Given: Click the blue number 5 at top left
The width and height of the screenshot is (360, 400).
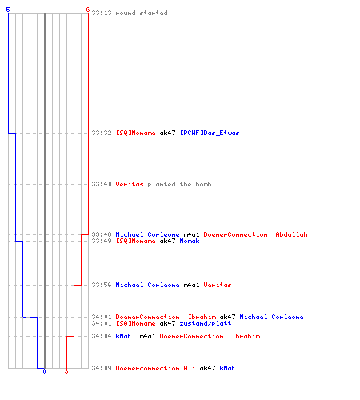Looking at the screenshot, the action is (x=8, y=10).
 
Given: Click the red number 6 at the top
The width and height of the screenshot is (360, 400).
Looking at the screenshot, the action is (x=88, y=10).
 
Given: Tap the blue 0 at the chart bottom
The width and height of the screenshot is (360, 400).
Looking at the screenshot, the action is (x=44, y=371).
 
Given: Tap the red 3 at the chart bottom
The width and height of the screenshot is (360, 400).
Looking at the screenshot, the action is (x=66, y=371).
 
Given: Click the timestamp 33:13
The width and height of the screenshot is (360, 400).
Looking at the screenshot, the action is (x=102, y=13).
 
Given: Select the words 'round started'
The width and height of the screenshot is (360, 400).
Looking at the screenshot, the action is (x=142, y=13).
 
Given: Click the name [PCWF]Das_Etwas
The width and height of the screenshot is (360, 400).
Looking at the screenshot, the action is (x=210, y=133).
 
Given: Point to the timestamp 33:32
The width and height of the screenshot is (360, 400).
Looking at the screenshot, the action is (x=102, y=133).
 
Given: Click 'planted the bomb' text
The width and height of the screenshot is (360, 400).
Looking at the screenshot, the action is (x=179, y=184).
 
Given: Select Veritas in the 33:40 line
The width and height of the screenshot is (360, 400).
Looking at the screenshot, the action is (x=130, y=184).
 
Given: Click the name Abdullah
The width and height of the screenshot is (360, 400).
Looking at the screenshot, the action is (x=291, y=234).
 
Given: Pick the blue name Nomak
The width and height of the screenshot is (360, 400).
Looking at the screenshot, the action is (x=190, y=241).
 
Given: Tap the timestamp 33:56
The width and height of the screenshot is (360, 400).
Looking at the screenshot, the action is (x=102, y=285).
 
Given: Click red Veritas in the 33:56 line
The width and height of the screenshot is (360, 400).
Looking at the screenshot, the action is (x=218, y=285).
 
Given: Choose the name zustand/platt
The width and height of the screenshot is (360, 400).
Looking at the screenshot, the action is (x=206, y=323).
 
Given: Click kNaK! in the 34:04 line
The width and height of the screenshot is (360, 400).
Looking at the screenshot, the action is (x=126, y=336).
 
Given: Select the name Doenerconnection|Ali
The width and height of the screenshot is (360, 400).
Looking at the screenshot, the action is (x=155, y=368).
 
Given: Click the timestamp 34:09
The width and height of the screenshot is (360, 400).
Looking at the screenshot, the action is (x=102, y=368).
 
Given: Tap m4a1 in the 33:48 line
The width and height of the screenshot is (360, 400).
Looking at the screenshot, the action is (x=191, y=234).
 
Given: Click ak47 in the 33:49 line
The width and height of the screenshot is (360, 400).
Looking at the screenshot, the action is (x=167, y=241).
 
